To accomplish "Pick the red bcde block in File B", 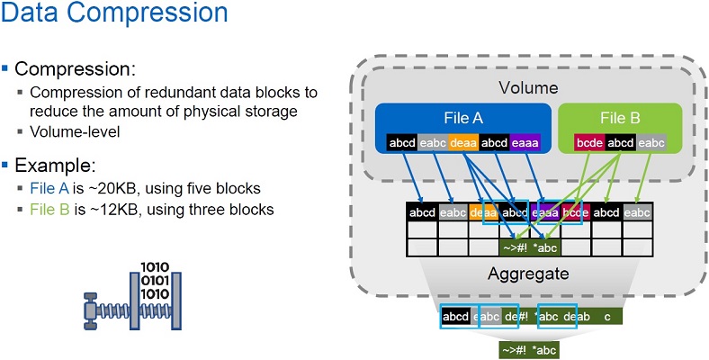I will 590,142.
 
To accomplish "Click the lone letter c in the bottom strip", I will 608,316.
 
